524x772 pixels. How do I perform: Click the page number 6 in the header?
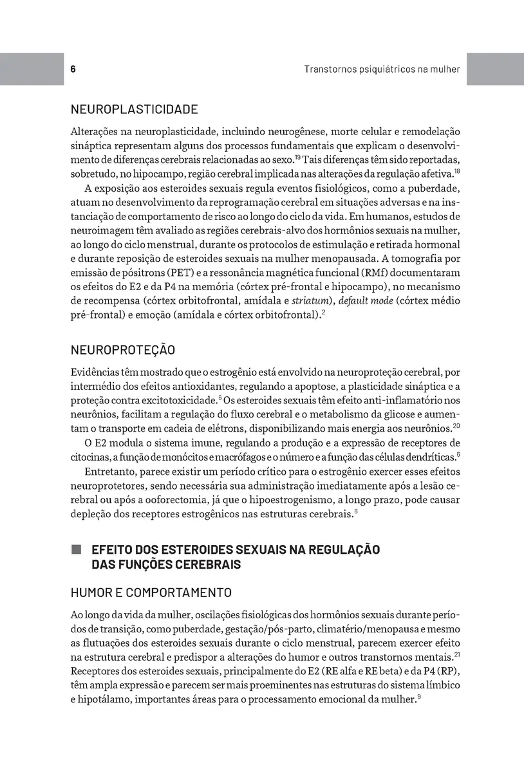point(73,69)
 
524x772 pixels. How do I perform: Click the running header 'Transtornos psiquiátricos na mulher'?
point(382,69)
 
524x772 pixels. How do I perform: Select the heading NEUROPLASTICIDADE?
point(134,109)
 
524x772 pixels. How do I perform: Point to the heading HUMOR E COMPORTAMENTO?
point(151,593)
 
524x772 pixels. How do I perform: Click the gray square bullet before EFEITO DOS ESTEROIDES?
point(77,549)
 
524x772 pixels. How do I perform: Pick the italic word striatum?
point(310,301)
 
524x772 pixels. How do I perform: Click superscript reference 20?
point(456,427)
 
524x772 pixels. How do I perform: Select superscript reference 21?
point(456,655)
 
